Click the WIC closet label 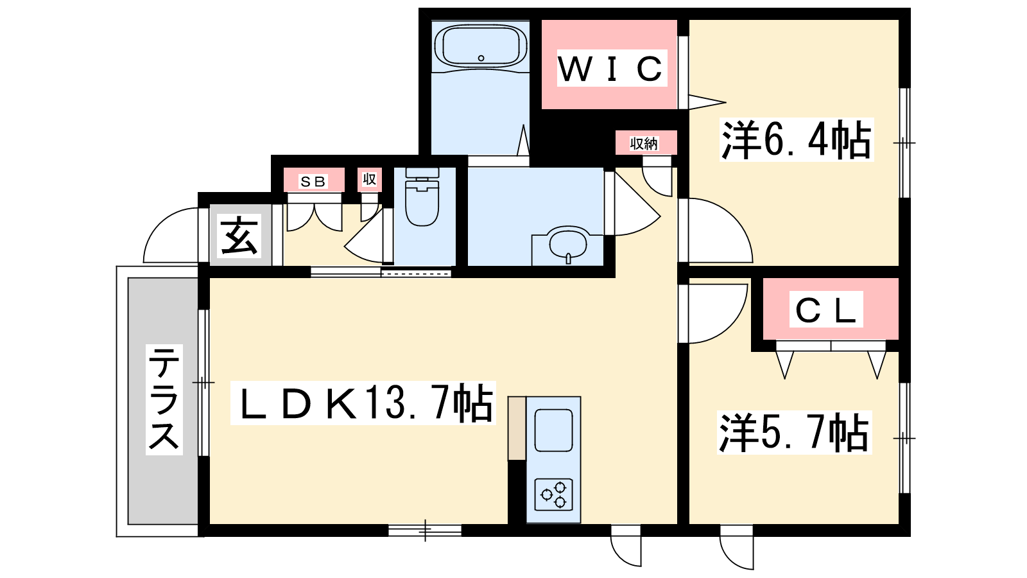(611, 68)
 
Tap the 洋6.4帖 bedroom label (797, 139)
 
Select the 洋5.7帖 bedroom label (794, 433)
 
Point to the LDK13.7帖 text (363, 403)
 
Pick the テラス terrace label (164, 399)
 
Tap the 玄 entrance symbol (239, 236)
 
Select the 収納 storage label (644, 144)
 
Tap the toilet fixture (422, 197)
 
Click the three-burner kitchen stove (554, 495)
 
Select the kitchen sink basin (554, 430)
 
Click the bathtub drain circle (481, 58)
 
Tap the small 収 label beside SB (370, 179)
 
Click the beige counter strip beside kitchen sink (517, 428)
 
